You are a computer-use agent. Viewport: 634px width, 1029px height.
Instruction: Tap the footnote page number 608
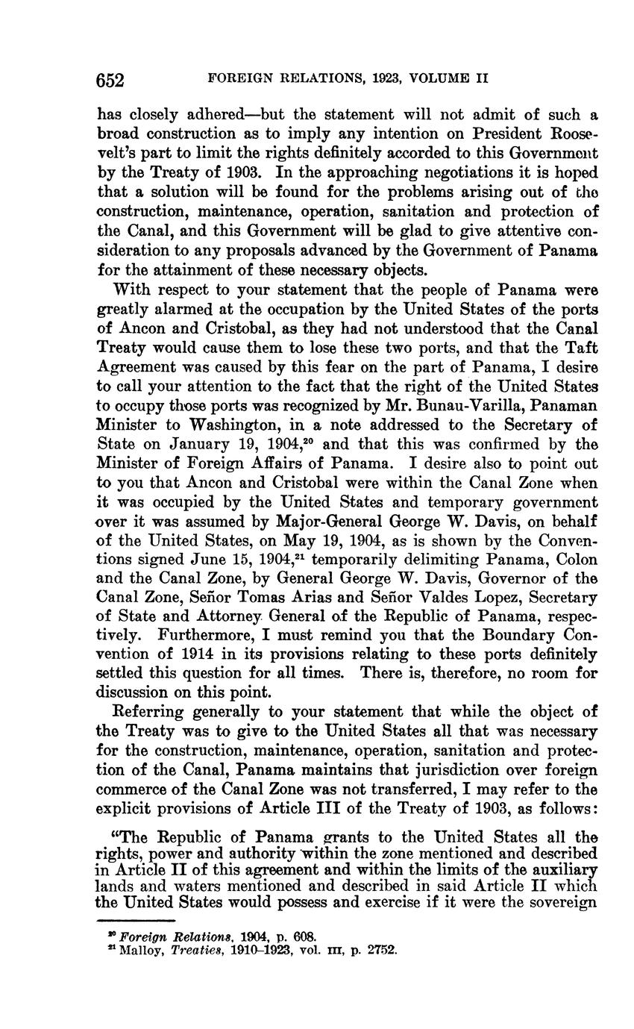(x=305, y=936)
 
